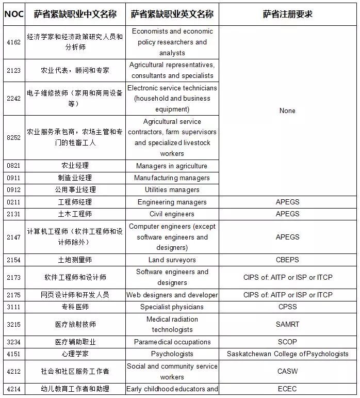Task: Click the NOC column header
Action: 13,13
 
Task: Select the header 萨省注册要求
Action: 287,13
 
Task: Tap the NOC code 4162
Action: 13,42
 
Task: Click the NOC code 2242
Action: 13,98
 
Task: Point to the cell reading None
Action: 287,110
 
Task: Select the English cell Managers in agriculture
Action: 172,166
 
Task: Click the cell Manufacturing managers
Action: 172,178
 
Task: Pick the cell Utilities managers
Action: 172,189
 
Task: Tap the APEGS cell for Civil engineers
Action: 287,214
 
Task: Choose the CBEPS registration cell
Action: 287,260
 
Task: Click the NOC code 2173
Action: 13,277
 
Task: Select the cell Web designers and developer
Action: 172,295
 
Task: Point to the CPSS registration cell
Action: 287,307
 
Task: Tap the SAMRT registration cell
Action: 287,324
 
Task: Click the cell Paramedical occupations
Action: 172,342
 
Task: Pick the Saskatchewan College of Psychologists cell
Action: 287,354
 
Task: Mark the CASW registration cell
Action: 287,371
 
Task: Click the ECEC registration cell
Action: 287,389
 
